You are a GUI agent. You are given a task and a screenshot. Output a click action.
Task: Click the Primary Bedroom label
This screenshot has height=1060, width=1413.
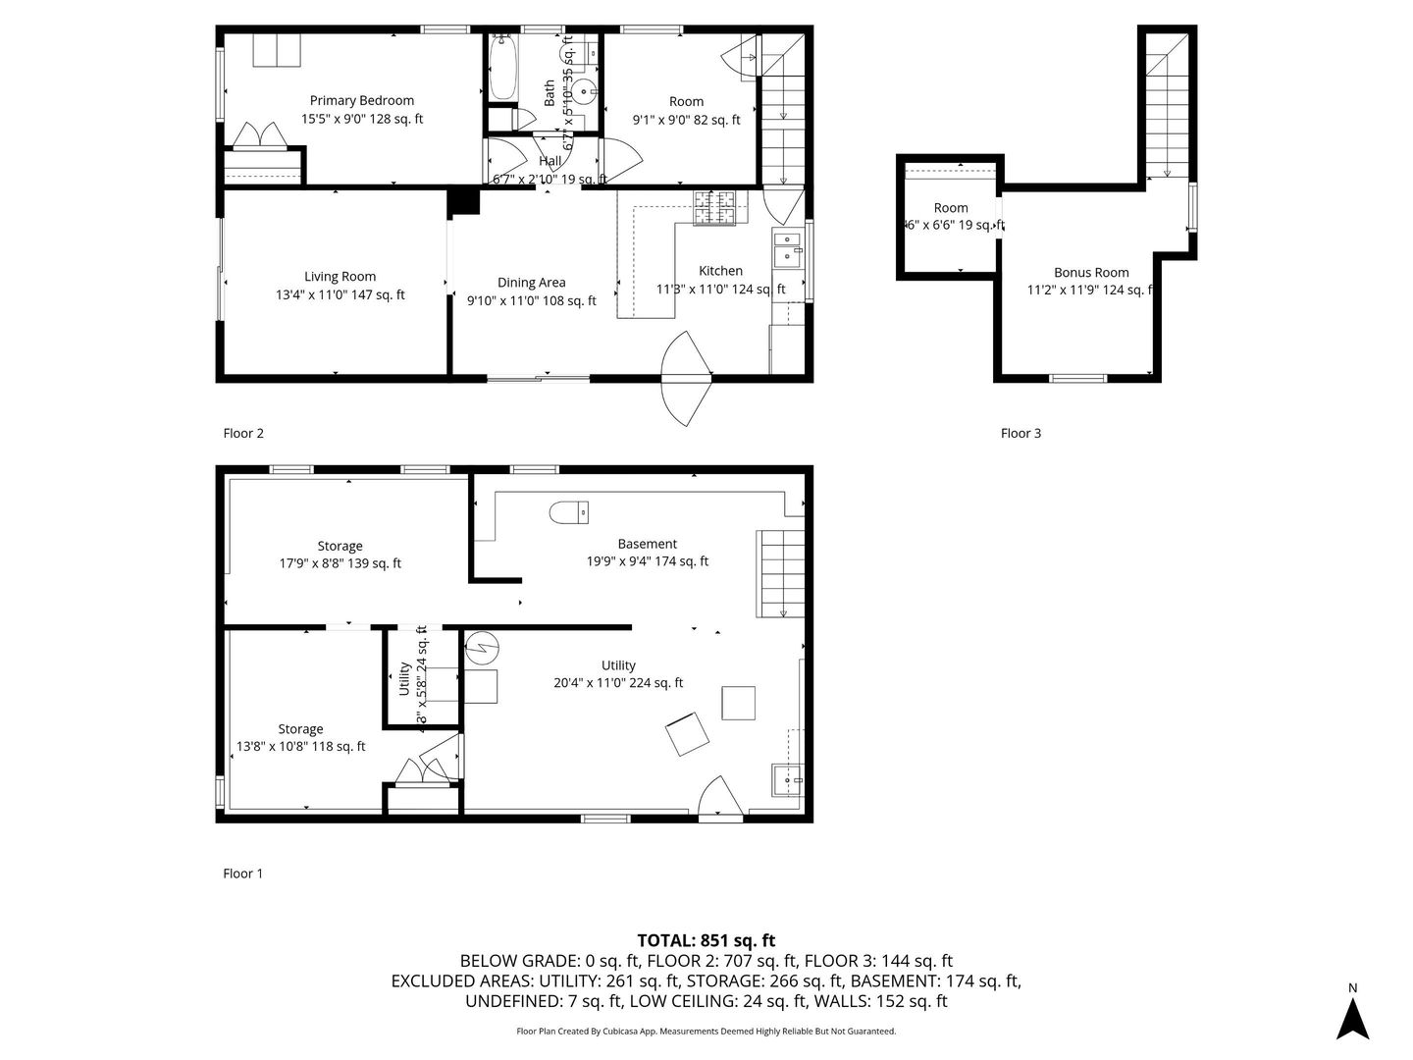tap(361, 100)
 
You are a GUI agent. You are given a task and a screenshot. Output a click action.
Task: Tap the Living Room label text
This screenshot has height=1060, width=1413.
tap(340, 277)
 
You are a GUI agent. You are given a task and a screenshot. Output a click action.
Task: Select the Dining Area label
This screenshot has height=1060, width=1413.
tap(531, 283)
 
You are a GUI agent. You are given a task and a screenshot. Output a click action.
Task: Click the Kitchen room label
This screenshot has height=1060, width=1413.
tap(720, 271)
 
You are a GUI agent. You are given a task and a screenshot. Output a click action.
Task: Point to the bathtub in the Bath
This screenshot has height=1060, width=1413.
tap(502, 68)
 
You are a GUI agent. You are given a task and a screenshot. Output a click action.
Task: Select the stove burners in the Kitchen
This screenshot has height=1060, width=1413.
tap(714, 207)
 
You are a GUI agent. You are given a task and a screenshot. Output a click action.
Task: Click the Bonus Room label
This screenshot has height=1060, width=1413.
tap(1091, 273)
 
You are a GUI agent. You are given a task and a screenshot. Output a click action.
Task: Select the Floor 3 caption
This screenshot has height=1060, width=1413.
tap(1020, 433)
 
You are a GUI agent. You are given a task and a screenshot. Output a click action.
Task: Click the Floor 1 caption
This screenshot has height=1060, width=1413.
tap(243, 874)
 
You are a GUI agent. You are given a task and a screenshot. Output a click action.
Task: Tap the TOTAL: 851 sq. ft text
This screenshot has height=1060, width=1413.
tap(706, 940)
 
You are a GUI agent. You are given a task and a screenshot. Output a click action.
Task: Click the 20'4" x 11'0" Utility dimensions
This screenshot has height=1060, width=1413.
tap(618, 683)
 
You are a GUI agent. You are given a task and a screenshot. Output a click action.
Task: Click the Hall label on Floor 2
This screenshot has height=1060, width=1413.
tap(549, 161)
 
